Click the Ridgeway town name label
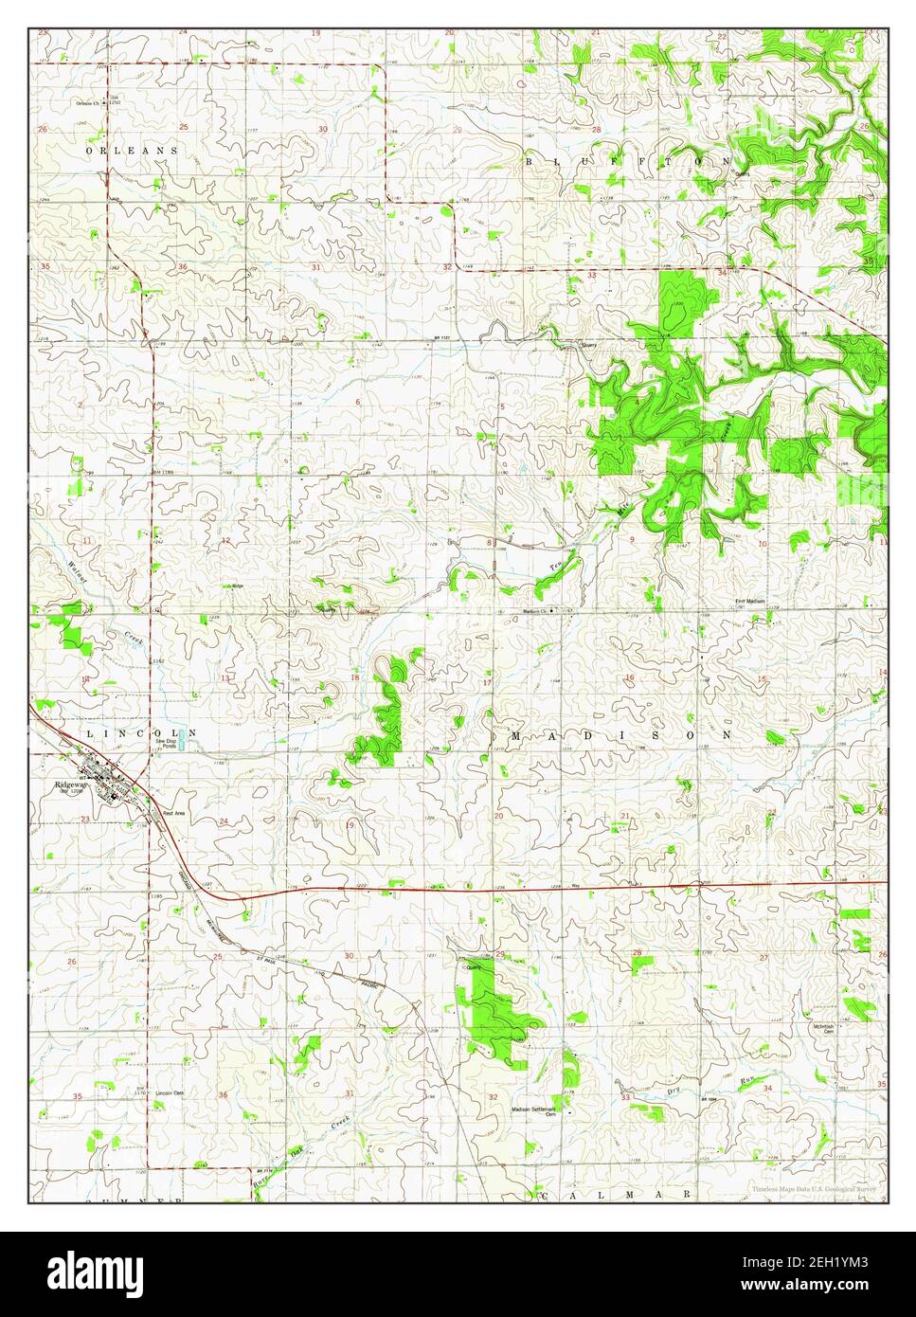point(71,785)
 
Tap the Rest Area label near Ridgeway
point(173,813)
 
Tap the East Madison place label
point(751,602)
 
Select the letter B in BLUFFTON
point(530,163)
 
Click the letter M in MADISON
point(517,734)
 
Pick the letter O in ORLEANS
point(89,151)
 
